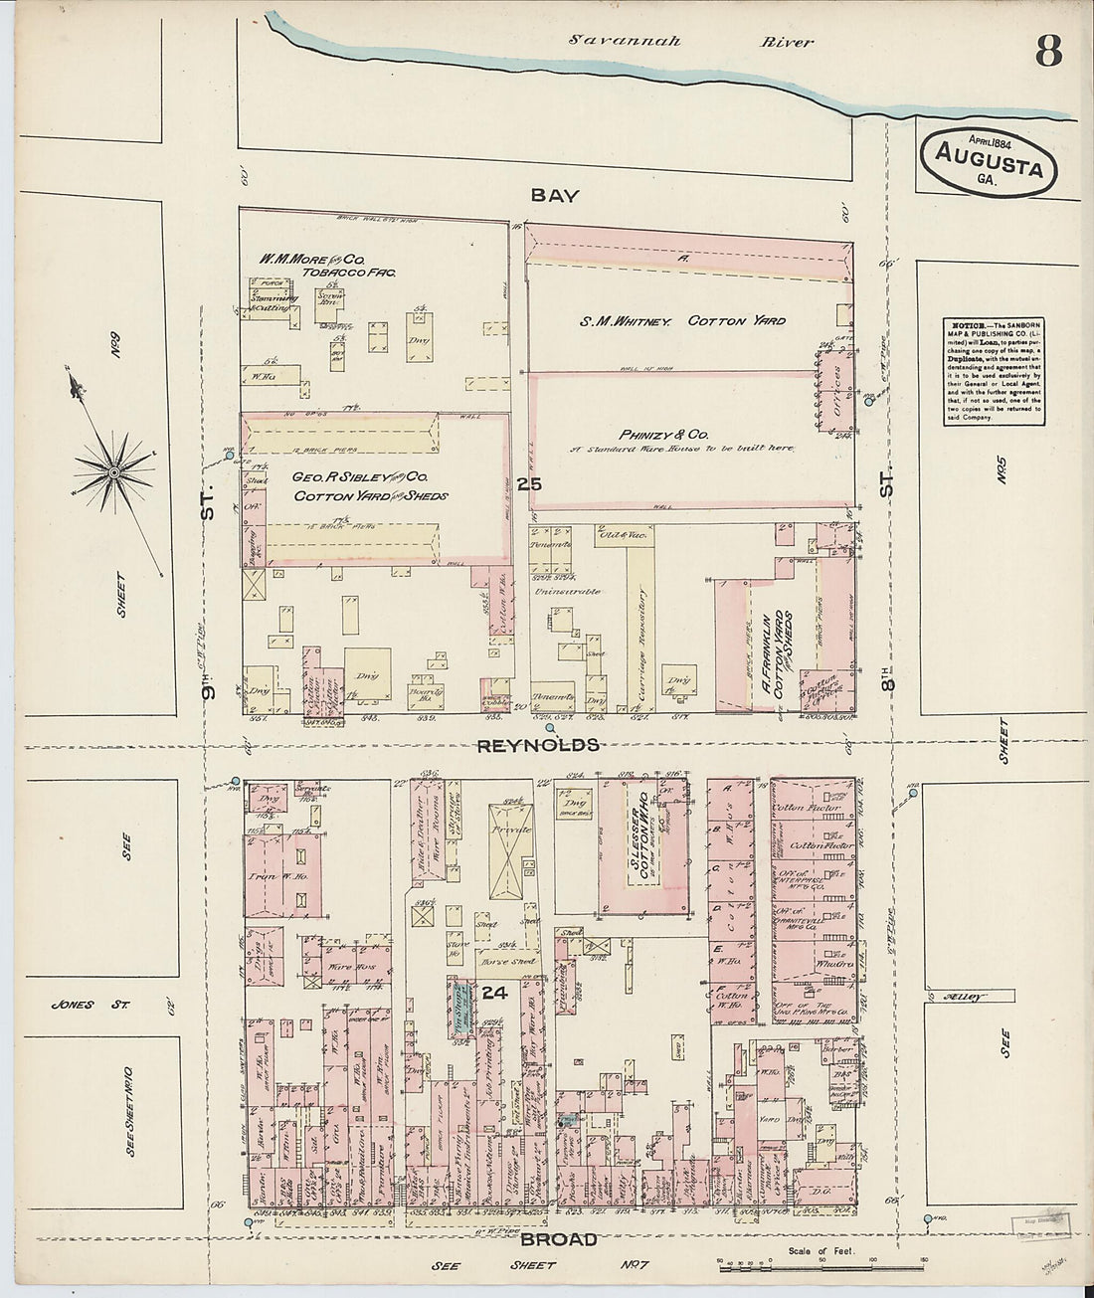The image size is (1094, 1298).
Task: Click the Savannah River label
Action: point(691,42)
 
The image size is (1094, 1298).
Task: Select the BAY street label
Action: point(554,196)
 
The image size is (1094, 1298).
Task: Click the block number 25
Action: point(529,483)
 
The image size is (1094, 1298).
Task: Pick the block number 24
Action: point(495,993)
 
